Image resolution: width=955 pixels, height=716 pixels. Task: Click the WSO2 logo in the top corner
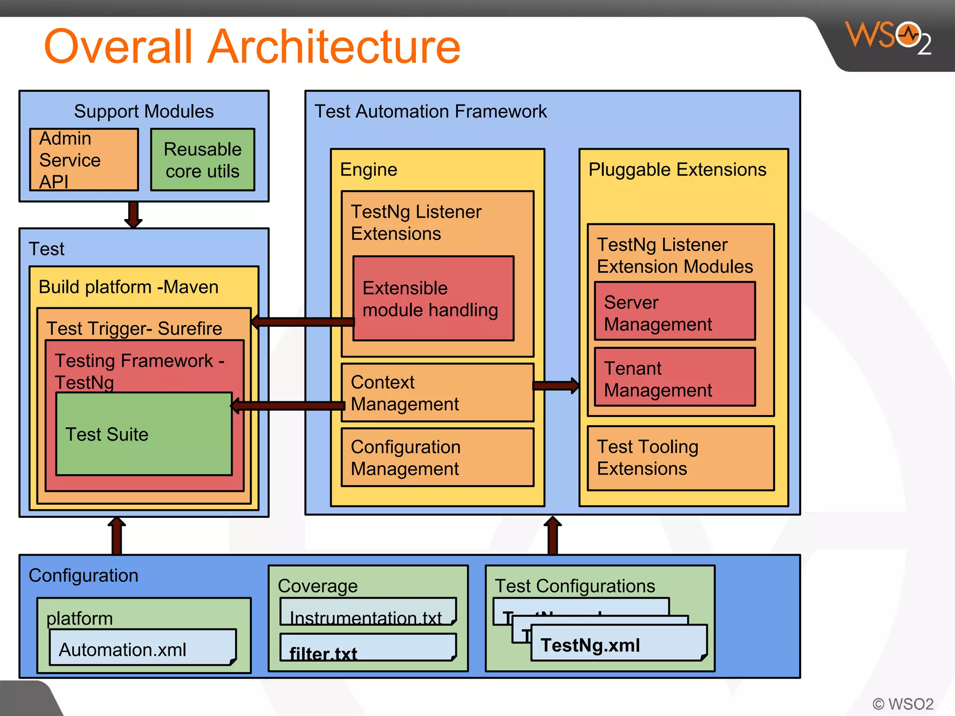(x=888, y=37)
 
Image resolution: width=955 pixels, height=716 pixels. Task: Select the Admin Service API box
(x=84, y=159)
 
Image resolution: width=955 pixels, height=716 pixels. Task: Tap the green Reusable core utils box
(x=202, y=160)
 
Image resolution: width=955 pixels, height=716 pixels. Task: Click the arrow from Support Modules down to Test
(x=133, y=214)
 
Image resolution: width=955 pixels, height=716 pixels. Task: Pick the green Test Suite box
(x=144, y=434)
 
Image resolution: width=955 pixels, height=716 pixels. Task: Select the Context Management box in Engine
(x=437, y=392)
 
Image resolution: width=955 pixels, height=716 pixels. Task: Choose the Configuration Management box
(x=437, y=457)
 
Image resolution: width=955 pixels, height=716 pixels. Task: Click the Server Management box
(x=674, y=311)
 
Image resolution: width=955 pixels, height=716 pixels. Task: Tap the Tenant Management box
(x=674, y=377)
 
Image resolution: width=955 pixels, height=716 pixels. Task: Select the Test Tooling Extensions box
(x=680, y=458)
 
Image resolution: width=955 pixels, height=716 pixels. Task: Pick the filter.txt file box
(x=367, y=647)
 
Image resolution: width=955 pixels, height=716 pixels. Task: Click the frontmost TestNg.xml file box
(x=618, y=644)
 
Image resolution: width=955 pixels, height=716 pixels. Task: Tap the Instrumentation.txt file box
(x=367, y=611)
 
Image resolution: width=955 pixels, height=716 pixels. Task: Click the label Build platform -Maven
(x=128, y=287)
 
